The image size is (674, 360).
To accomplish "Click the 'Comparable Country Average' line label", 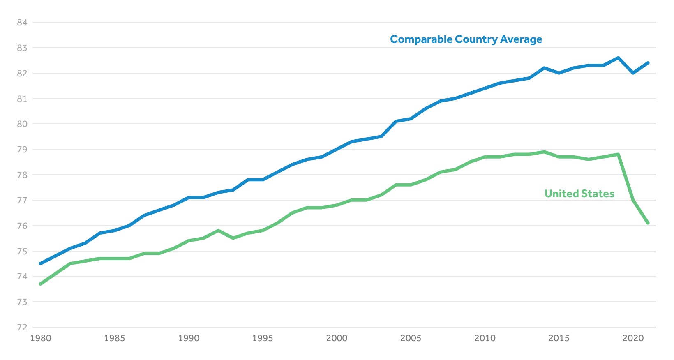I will (466, 39).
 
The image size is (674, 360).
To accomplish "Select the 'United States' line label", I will (579, 194).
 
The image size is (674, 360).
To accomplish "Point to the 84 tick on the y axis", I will (22, 23).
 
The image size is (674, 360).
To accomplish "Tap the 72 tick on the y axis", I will (22, 328).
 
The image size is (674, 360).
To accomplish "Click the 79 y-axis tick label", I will (22, 150).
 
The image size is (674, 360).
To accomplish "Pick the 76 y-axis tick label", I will (22, 226).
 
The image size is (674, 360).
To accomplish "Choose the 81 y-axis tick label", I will (22, 99).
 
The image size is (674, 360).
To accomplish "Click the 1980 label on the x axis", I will (41, 338).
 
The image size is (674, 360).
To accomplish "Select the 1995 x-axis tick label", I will (263, 338).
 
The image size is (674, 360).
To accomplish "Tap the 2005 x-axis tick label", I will (411, 338).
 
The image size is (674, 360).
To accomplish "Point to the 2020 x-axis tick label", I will (633, 338).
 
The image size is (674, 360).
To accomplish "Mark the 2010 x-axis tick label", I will (485, 338).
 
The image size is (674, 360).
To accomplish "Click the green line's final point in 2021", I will (648, 223).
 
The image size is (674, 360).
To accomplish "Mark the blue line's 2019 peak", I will (618, 58).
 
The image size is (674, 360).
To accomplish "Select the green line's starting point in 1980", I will (40, 284).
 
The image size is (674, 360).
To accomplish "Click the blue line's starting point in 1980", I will (40, 263).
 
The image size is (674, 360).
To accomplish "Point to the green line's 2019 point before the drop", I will (618, 155).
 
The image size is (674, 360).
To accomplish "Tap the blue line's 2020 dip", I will (633, 73).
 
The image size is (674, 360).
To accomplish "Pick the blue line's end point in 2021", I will (648, 63).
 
